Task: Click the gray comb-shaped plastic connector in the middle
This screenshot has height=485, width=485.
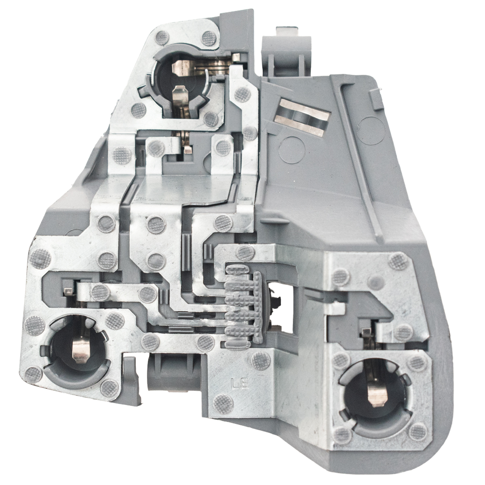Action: (x=245, y=306)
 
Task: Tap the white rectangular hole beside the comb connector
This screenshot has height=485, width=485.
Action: (x=282, y=308)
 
